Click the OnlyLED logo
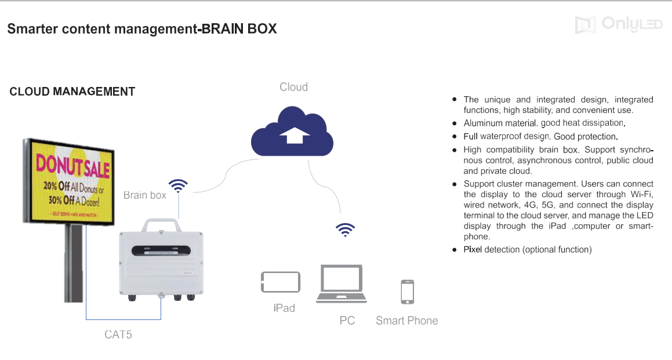pos(618,24)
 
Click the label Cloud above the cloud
pos(293,87)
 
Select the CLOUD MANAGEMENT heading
pos(72,92)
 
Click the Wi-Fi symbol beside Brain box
pos(178,186)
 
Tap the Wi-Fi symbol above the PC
pos(346,230)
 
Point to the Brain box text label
pos(144,195)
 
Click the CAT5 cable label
pos(118,334)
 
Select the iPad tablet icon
pos(281,282)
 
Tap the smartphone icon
pos(408,292)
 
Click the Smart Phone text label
pos(406,321)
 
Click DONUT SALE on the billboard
pos(72,165)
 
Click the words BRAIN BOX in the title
pos(238,28)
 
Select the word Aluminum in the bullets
pos(484,123)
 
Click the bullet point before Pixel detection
pos(455,249)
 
